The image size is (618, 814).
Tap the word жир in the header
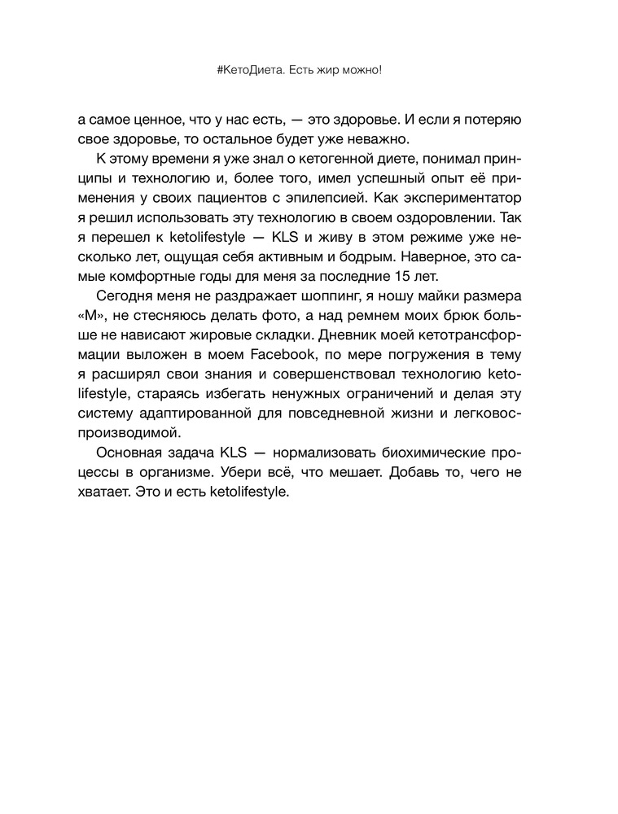tap(330, 71)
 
